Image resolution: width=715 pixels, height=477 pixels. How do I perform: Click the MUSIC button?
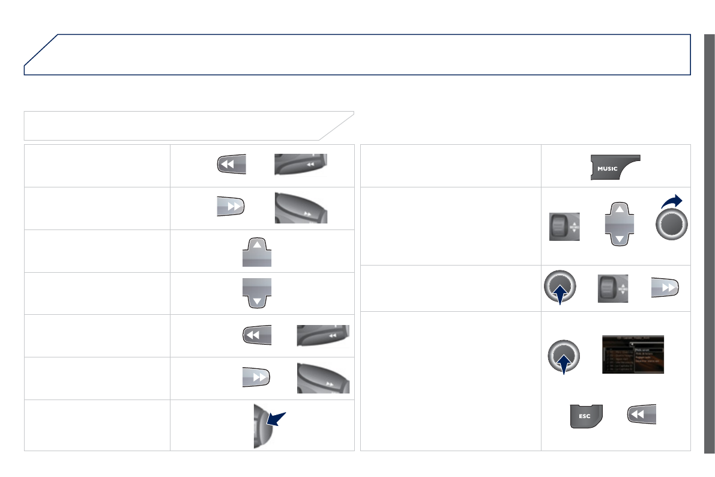(x=615, y=168)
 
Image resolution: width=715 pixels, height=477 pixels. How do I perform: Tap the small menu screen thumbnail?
(x=633, y=354)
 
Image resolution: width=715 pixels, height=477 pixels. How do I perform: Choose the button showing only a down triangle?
(x=257, y=293)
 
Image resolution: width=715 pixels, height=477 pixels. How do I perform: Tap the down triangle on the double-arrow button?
(x=618, y=239)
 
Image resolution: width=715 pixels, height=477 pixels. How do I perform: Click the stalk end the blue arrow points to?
(x=259, y=426)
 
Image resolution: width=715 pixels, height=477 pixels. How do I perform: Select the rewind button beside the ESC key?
(x=641, y=415)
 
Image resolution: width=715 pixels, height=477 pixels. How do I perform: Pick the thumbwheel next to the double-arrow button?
(x=564, y=227)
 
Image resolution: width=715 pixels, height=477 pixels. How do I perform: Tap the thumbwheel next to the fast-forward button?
(x=613, y=289)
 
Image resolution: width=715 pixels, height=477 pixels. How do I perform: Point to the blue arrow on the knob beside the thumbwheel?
(x=560, y=296)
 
